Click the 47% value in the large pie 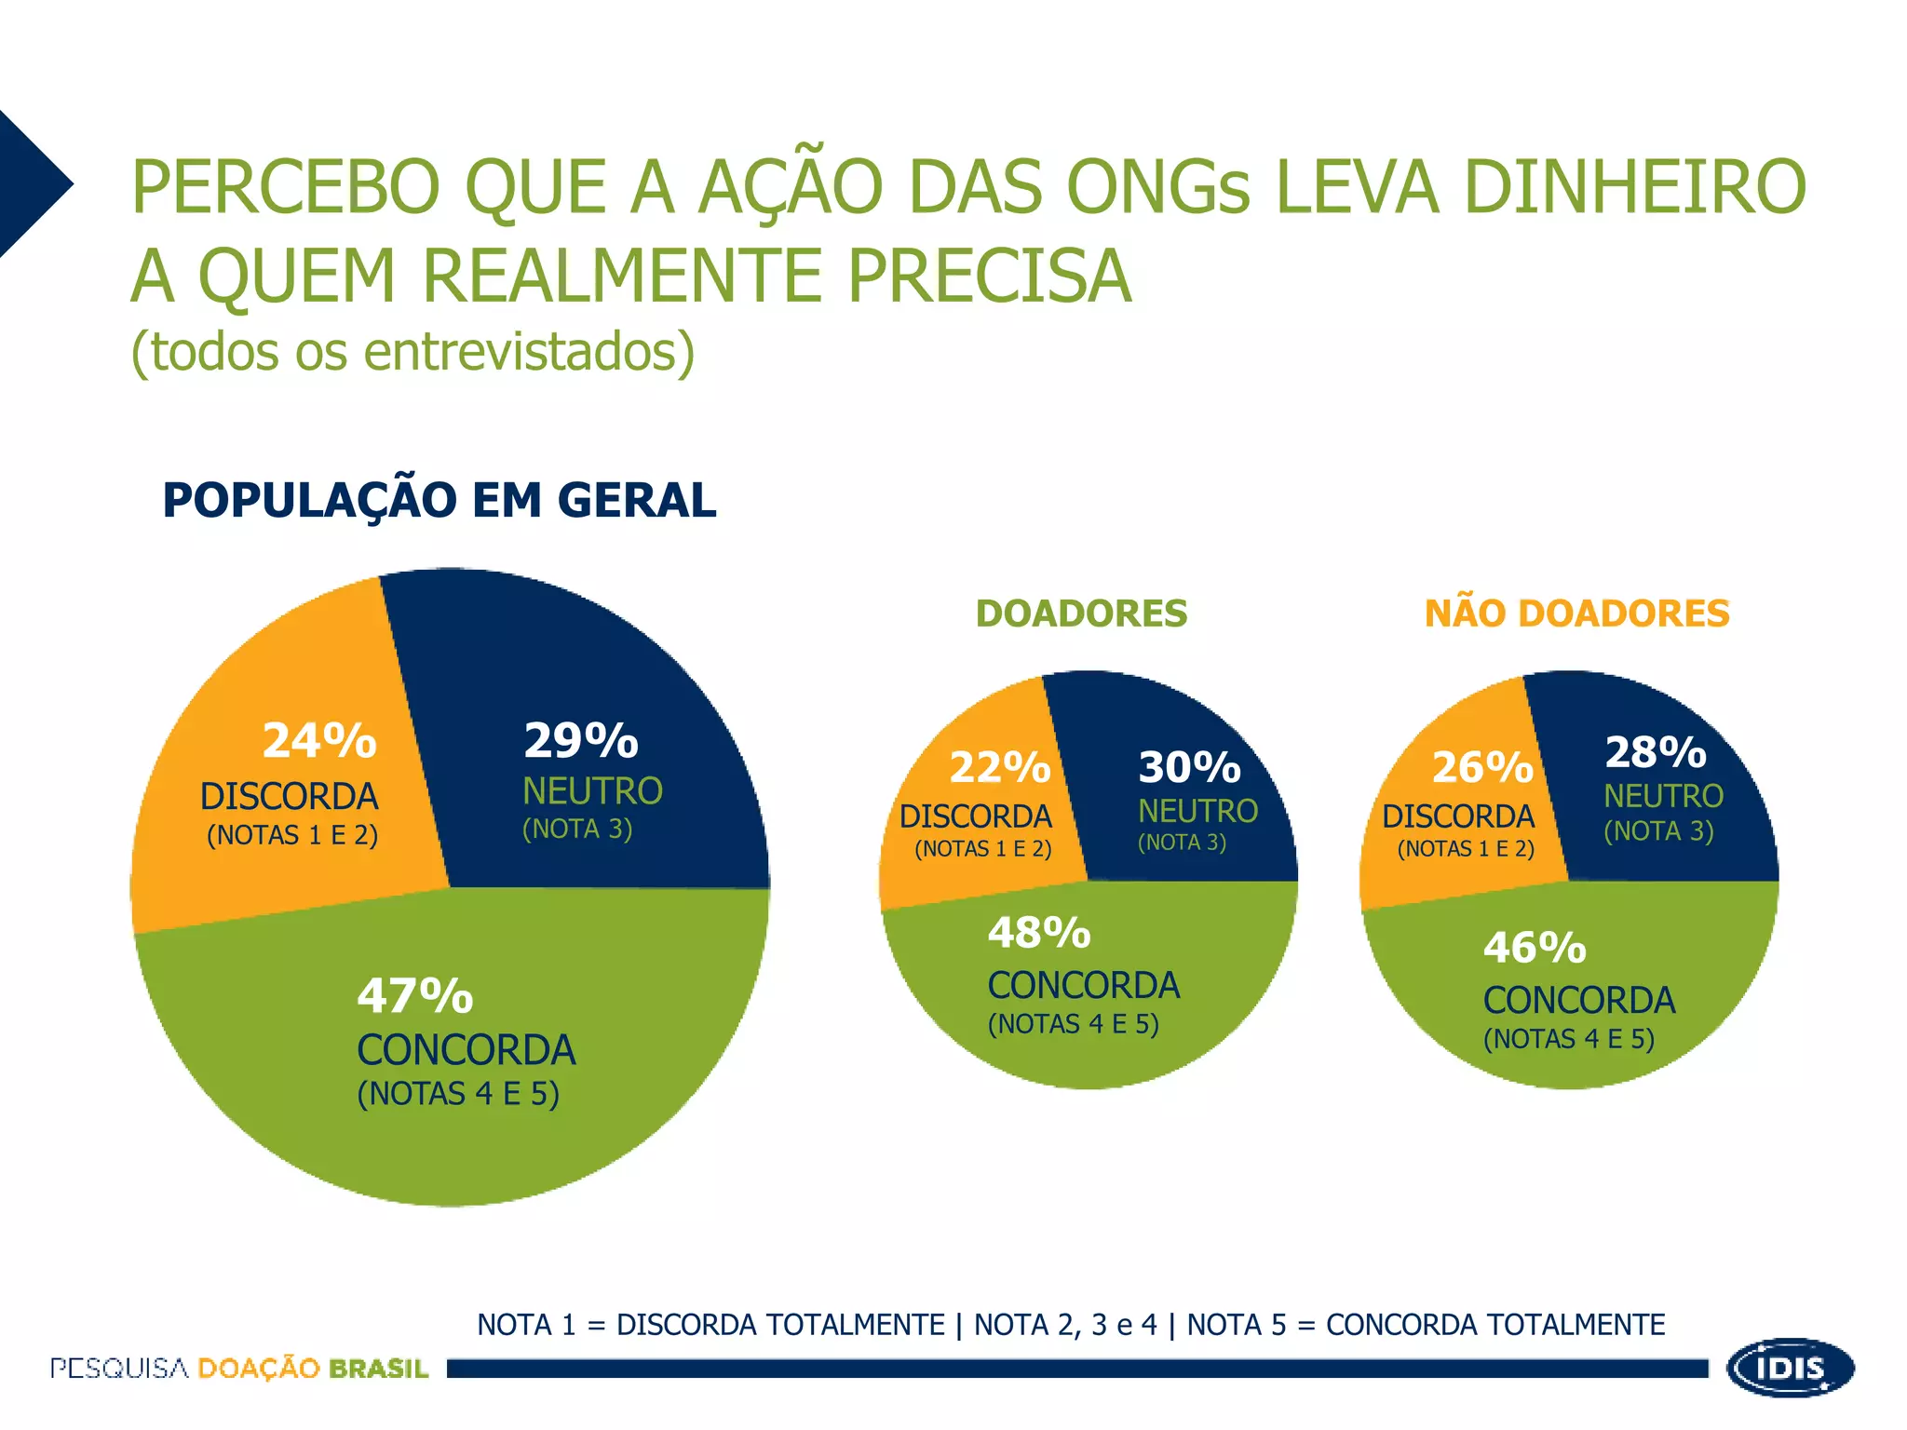tap(415, 995)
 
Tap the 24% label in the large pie tap(319, 741)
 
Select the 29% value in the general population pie tap(581, 741)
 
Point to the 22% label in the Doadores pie tap(1000, 767)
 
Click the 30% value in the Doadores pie tap(1189, 767)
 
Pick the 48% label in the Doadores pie tap(1039, 933)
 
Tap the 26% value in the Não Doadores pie tap(1482, 767)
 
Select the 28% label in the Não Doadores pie tap(1656, 752)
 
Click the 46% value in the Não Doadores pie tap(1535, 948)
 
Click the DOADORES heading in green tap(1081, 614)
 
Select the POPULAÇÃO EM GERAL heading tap(440, 500)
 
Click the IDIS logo tap(1790, 1368)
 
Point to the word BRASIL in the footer tap(378, 1369)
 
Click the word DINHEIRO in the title tap(1634, 187)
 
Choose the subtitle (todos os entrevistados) tap(413, 352)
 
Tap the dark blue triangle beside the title tap(28, 183)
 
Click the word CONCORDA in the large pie tap(467, 1050)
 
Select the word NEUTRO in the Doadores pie tap(1197, 812)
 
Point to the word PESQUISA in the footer tap(119, 1369)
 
